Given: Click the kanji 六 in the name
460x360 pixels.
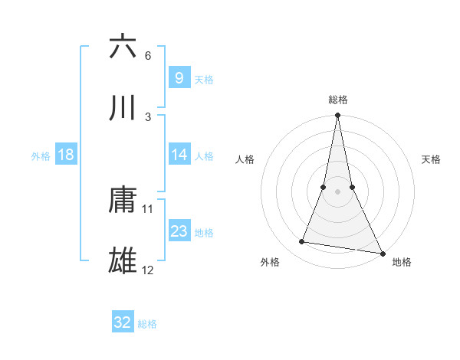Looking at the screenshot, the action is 123,47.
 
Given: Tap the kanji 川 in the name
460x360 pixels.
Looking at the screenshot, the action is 123,108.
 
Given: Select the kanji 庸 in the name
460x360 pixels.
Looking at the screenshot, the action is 123,200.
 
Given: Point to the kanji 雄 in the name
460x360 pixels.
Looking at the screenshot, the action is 123,261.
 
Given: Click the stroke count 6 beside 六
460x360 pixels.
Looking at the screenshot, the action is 148,56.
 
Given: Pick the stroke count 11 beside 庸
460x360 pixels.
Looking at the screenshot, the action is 148,208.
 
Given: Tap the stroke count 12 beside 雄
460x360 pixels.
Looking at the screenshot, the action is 148,270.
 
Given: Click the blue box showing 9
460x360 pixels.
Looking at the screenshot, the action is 179,77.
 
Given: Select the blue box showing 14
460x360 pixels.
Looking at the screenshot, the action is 179,155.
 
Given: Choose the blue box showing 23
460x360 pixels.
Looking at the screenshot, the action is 179,231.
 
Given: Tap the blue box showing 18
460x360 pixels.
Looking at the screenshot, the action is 66,155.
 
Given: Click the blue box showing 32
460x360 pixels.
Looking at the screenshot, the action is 123,322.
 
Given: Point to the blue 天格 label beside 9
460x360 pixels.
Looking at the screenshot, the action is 204,79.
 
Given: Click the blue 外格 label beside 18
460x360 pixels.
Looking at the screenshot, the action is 41,155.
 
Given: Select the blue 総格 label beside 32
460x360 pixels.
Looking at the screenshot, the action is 147,324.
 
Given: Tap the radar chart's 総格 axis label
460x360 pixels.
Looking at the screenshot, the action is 338,100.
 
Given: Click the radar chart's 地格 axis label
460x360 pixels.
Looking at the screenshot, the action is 402,262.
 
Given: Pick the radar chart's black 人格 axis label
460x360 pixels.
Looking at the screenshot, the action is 245,160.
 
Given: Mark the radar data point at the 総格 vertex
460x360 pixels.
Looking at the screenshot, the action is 337,116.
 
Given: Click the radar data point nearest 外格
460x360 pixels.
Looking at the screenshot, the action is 302,242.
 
